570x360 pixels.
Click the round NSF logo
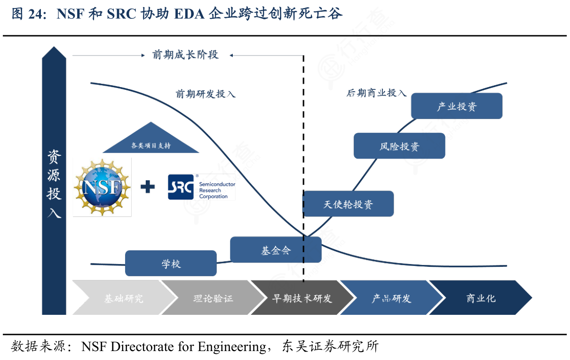[102, 187]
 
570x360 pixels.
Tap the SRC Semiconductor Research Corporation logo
[201, 187]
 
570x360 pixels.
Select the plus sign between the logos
[148, 187]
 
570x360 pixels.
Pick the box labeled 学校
[171, 264]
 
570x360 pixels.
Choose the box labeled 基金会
[276, 250]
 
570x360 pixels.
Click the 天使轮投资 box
[348, 204]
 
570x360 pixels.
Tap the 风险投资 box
[399, 146]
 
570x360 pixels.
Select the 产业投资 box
[457, 106]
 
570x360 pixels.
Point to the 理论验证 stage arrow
[213, 298]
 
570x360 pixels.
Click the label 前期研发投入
[206, 94]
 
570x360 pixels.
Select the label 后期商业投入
[376, 93]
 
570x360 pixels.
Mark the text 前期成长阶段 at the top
[185, 55]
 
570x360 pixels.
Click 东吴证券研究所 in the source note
[330, 347]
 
